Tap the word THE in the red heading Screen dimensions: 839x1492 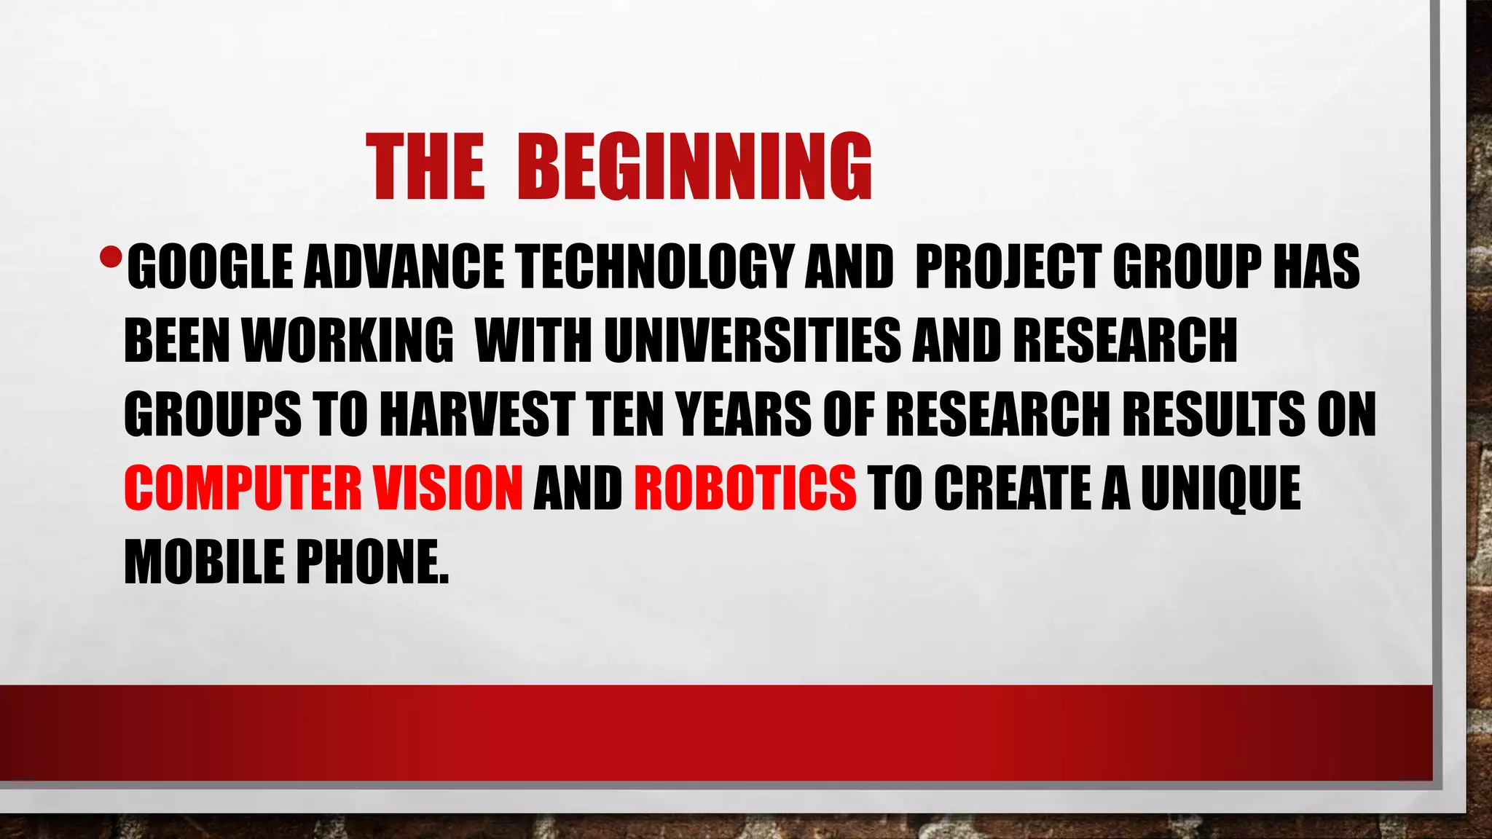pyautogui.click(x=425, y=167)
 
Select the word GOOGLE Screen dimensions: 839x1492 pyautogui.click(x=210, y=267)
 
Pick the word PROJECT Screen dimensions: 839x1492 pyautogui.click(x=1008, y=267)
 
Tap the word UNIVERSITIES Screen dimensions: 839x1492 pyautogui.click(x=753, y=340)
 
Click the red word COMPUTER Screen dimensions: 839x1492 pyautogui.click(x=243, y=487)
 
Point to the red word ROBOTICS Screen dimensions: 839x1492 pyautogui.click(x=745, y=487)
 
